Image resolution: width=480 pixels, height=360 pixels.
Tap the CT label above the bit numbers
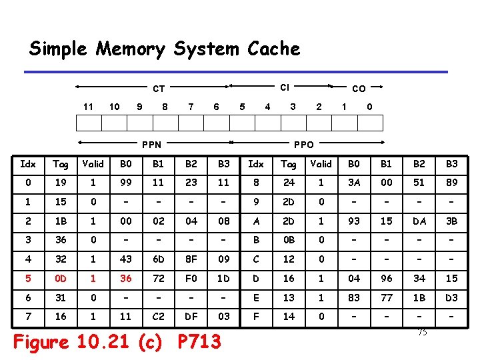158,89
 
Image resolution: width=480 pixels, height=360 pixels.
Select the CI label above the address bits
285,87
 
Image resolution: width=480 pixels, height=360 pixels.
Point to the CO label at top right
359,89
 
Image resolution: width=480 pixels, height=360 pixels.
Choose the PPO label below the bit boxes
304,144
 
